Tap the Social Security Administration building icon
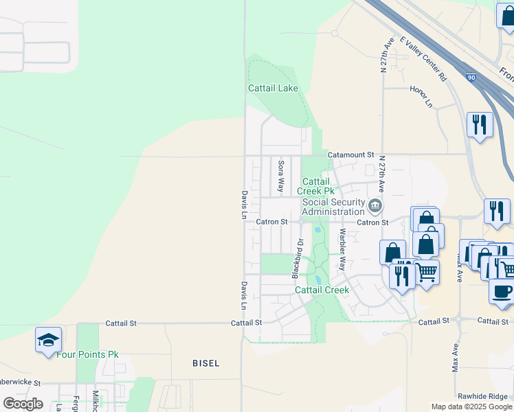(x=375, y=205)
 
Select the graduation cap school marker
(x=49, y=340)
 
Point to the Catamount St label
(x=350, y=155)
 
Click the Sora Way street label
(x=280, y=176)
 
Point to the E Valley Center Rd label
(x=423, y=59)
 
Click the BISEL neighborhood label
(x=205, y=363)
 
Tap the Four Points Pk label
(x=87, y=354)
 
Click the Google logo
(x=23, y=404)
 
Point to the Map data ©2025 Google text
(x=472, y=407)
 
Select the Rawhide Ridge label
(x=485, y=397)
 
